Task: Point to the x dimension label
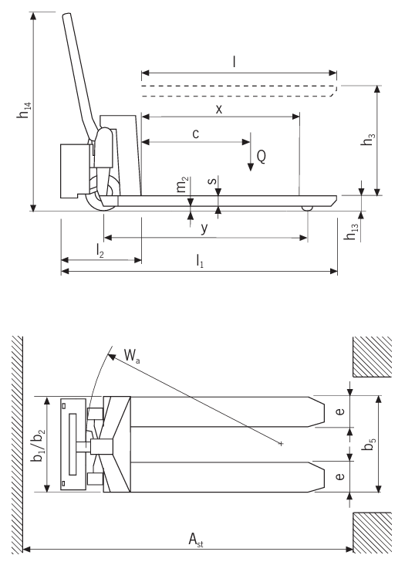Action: point(219,109)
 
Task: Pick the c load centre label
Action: point(195,134)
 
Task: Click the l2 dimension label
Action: point(100,251)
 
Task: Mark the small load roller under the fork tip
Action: point(307,208)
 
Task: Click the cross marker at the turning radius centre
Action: point(282,443)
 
